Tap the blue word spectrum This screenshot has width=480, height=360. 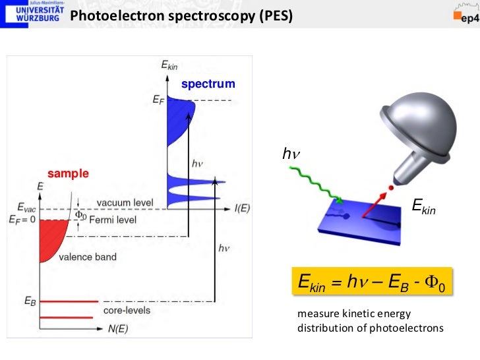point(208,84)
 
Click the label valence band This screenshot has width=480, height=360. point(88,256)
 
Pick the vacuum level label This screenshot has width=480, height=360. point(125,202)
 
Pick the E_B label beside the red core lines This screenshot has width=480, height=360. point(30,301)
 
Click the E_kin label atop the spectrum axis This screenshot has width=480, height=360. point(169,65)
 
